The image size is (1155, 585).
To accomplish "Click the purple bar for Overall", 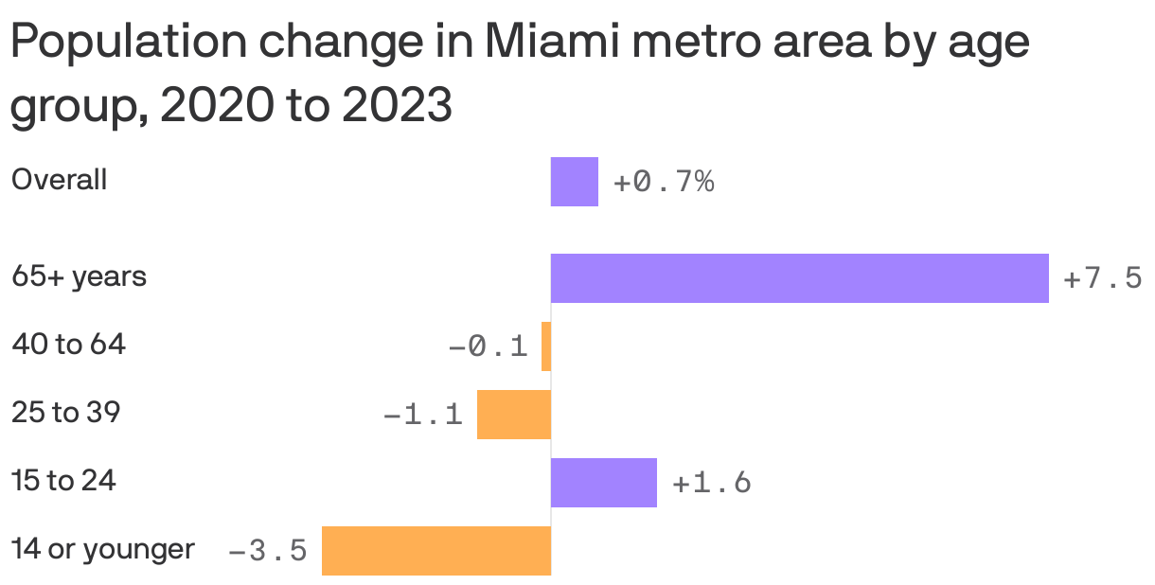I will [574, 182].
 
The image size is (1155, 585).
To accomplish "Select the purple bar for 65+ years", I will [799, 278].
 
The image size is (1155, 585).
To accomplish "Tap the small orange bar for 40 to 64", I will [546, 346].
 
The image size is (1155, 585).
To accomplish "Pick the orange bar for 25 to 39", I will [513, 415].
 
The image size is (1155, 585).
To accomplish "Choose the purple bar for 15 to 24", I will [603, 483].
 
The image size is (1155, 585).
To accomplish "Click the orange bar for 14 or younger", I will [435, 551].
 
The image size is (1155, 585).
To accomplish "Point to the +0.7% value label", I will [664, 182].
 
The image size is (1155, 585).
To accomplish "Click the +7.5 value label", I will [1102, 279].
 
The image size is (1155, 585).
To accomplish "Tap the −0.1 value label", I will [488, 347].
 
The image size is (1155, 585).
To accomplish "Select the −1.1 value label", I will [422, 416].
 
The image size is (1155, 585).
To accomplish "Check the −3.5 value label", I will [268, 551].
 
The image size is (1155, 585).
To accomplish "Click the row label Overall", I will [59, 180].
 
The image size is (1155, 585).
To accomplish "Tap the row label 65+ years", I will [79, 277].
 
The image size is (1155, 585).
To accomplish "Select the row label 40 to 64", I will [68, 345].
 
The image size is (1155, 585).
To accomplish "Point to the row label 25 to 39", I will [65, 413].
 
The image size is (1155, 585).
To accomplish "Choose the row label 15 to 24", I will [63, 481].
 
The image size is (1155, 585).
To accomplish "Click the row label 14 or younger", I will [103, 549].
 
